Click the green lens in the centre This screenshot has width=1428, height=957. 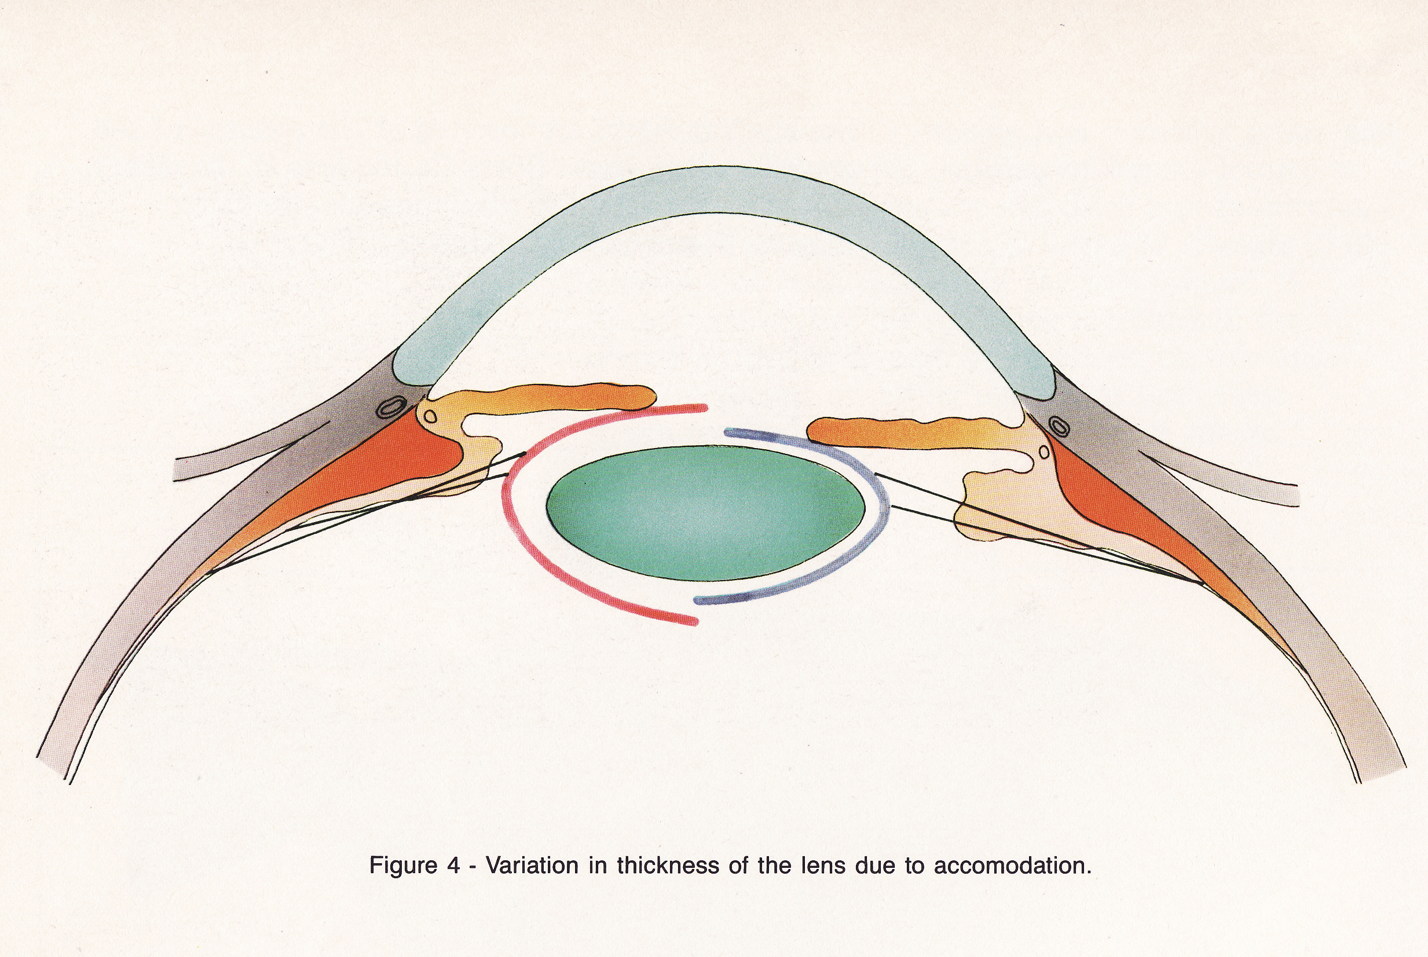705,513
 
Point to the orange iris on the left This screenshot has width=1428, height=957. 550,398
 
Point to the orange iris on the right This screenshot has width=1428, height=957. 903,430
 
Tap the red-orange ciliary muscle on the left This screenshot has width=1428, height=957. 391,464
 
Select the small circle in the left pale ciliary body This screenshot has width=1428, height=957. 430,417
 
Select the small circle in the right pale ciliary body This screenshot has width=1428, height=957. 1044,452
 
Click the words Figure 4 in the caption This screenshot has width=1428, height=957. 415,866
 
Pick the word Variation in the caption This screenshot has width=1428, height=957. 532,866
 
